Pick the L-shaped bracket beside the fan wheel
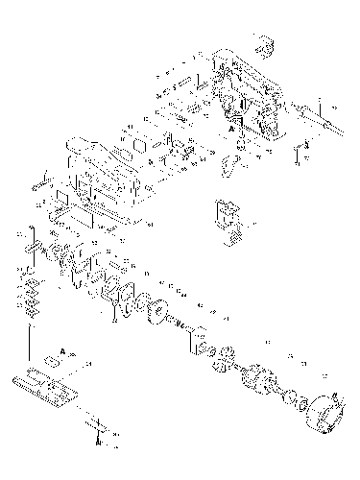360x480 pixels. (200, 337)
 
